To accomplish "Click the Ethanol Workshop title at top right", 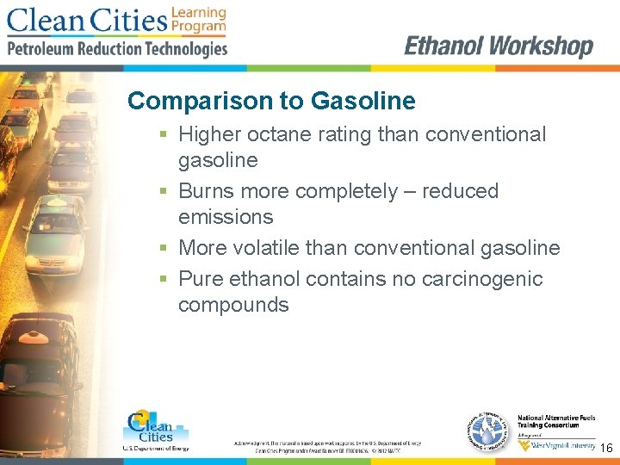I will tap(499, 46).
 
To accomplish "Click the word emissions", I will tap(226, 217).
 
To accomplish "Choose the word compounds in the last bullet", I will tap(233, 305).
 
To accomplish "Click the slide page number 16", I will tap(606, 449).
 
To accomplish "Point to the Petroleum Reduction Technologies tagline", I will tap(117, 49).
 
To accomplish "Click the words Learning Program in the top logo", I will tap(199, 20).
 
